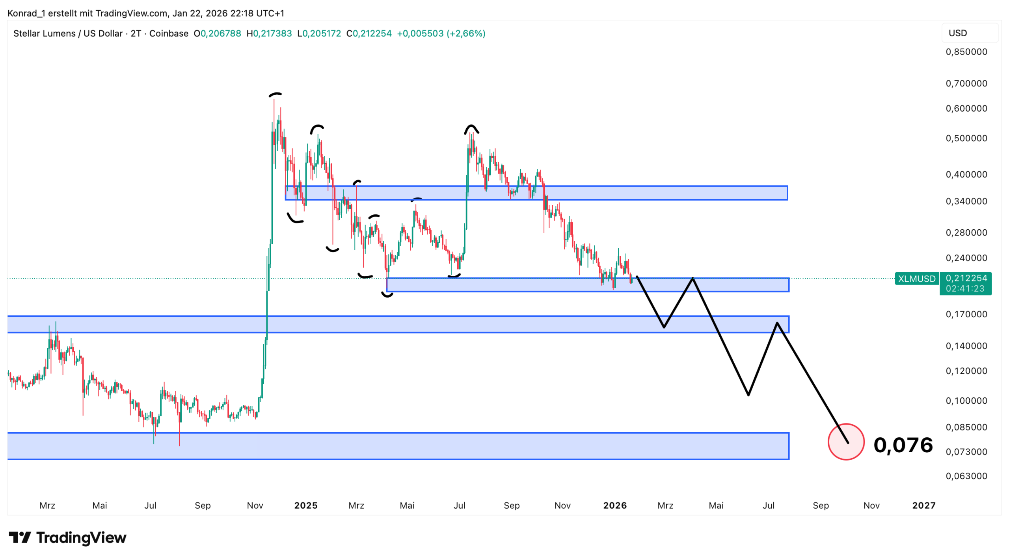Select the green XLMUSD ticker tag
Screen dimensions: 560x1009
click(x=916, y=279)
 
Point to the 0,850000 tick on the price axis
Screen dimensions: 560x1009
click(x=966, y=52)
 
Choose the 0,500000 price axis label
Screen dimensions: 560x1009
click(x=966, y=138)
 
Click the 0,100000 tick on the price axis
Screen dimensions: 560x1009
click(x=966, y=401)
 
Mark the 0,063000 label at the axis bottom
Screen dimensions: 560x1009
click(x=966, y=476)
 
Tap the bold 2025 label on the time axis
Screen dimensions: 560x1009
click(x=305, y=505)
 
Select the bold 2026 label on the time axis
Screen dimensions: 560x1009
click(x=614, y=505)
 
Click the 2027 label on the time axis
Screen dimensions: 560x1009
click(x=923, y=505)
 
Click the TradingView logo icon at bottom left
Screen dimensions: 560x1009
click(x=20, y=537)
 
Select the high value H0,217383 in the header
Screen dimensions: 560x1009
click(x=269, y=34)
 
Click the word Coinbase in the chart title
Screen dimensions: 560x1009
click(x=169, y=34)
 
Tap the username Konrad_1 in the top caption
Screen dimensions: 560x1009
click(x=26, y=13)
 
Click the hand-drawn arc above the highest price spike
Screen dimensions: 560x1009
click(x=275, y=94)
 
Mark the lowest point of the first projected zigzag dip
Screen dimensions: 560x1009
click(x=664, y=327)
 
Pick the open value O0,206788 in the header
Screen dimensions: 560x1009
click(x=217, y=34)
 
